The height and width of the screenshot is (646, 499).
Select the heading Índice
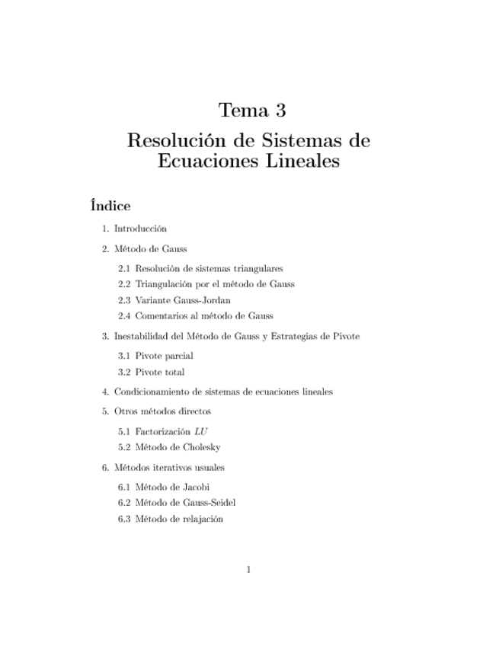(x=110, y=206)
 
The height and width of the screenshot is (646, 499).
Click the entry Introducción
(x=141, y=228)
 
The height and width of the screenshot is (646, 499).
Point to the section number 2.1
(x=124, y=268)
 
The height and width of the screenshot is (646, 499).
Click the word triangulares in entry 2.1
(x=257, y=268)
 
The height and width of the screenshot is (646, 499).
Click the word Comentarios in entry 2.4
(x=163, y=315)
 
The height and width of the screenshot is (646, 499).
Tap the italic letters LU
(x=201, y=431)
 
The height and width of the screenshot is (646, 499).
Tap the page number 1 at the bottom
(x=249, y=570)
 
